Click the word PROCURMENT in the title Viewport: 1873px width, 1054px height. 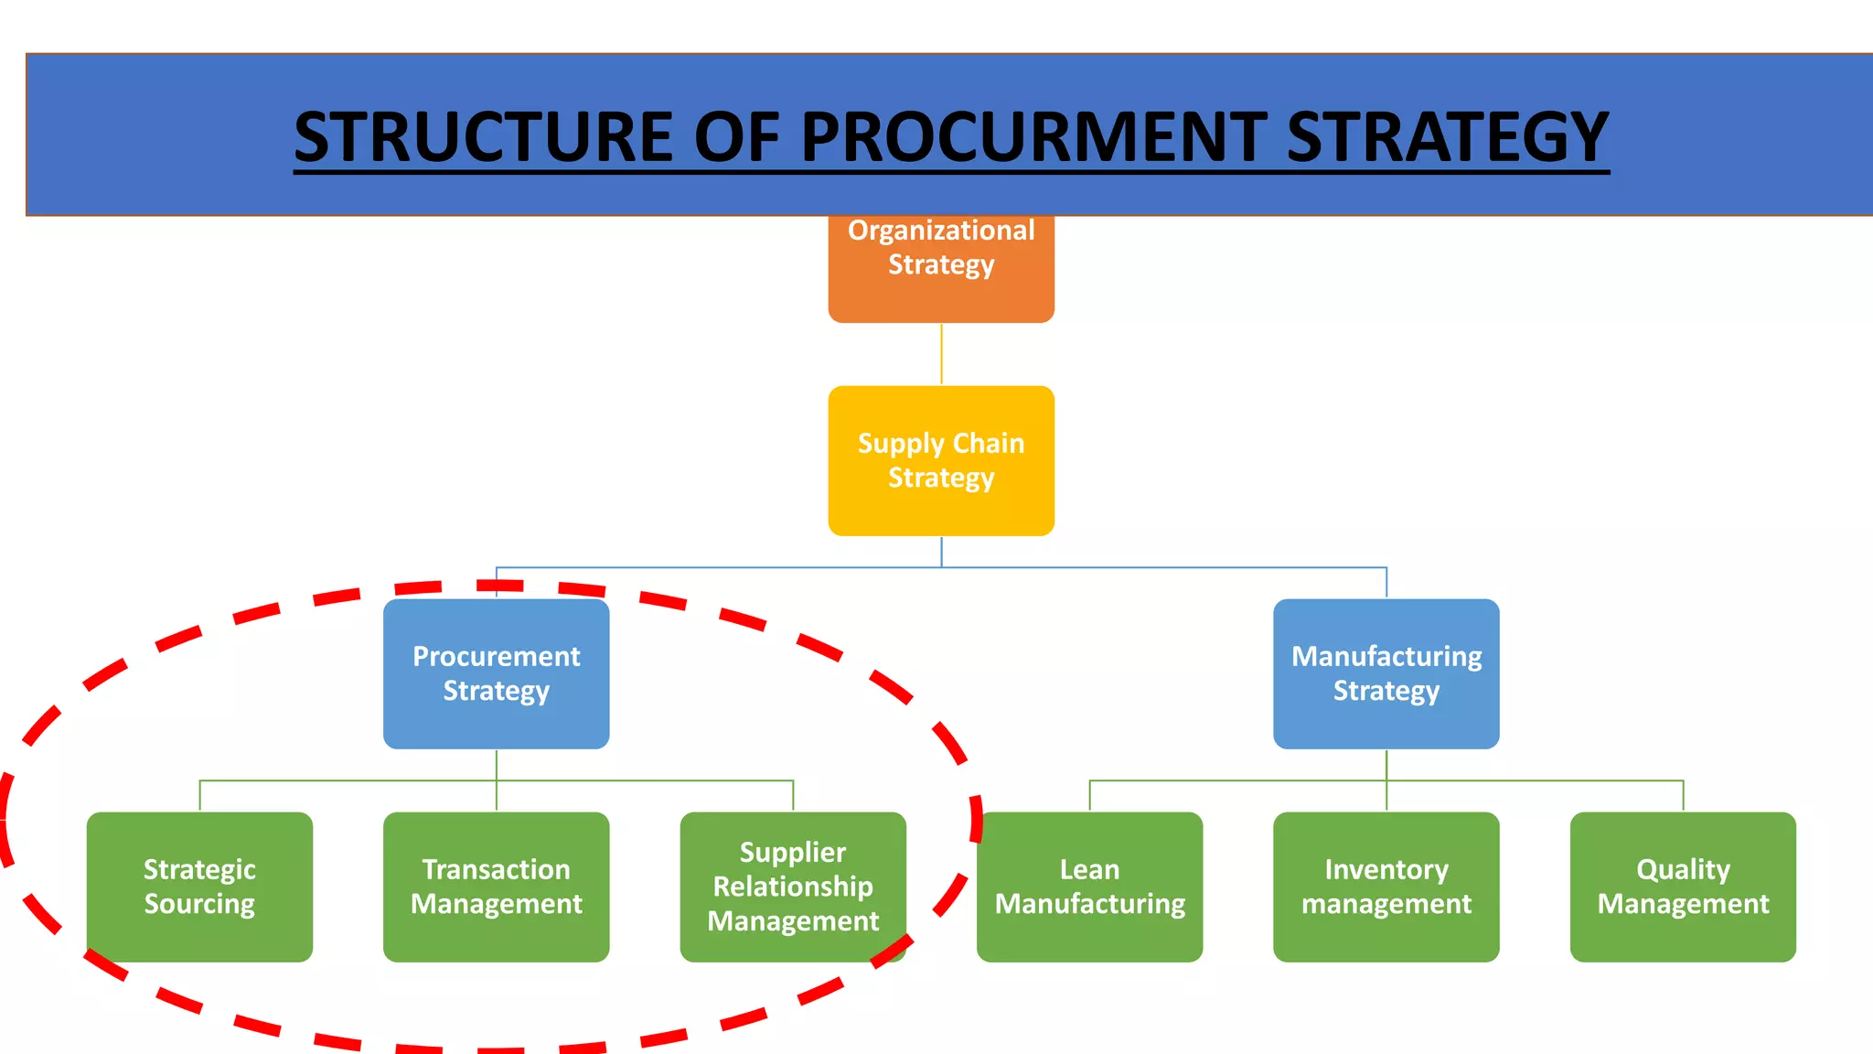click(1033, 137)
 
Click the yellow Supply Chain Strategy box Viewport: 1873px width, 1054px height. click(941, 460)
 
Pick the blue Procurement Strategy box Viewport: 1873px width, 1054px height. click(496, 673)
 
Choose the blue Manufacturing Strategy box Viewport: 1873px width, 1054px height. click(1386, 673)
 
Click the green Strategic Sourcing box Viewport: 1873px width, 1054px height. click(199, 886)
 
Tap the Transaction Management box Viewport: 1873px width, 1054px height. click(496, 886)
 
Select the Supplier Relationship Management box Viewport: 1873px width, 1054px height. click(793, 886)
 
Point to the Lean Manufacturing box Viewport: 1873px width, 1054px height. click(1089, 886)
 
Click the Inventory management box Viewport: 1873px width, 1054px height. click(1386, 886)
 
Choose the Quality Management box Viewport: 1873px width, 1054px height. click(1683, 886)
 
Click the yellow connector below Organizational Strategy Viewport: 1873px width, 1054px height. click(941, 354)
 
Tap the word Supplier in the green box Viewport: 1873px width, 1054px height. click(793, 852)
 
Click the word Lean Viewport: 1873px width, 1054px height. click(1089, 869)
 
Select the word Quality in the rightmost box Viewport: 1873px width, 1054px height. click(1683, 869)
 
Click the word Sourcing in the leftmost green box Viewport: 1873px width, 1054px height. click(199, 904)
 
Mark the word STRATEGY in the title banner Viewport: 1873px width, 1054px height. click(1447, 137)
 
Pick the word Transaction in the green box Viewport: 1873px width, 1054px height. click(496, 869)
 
